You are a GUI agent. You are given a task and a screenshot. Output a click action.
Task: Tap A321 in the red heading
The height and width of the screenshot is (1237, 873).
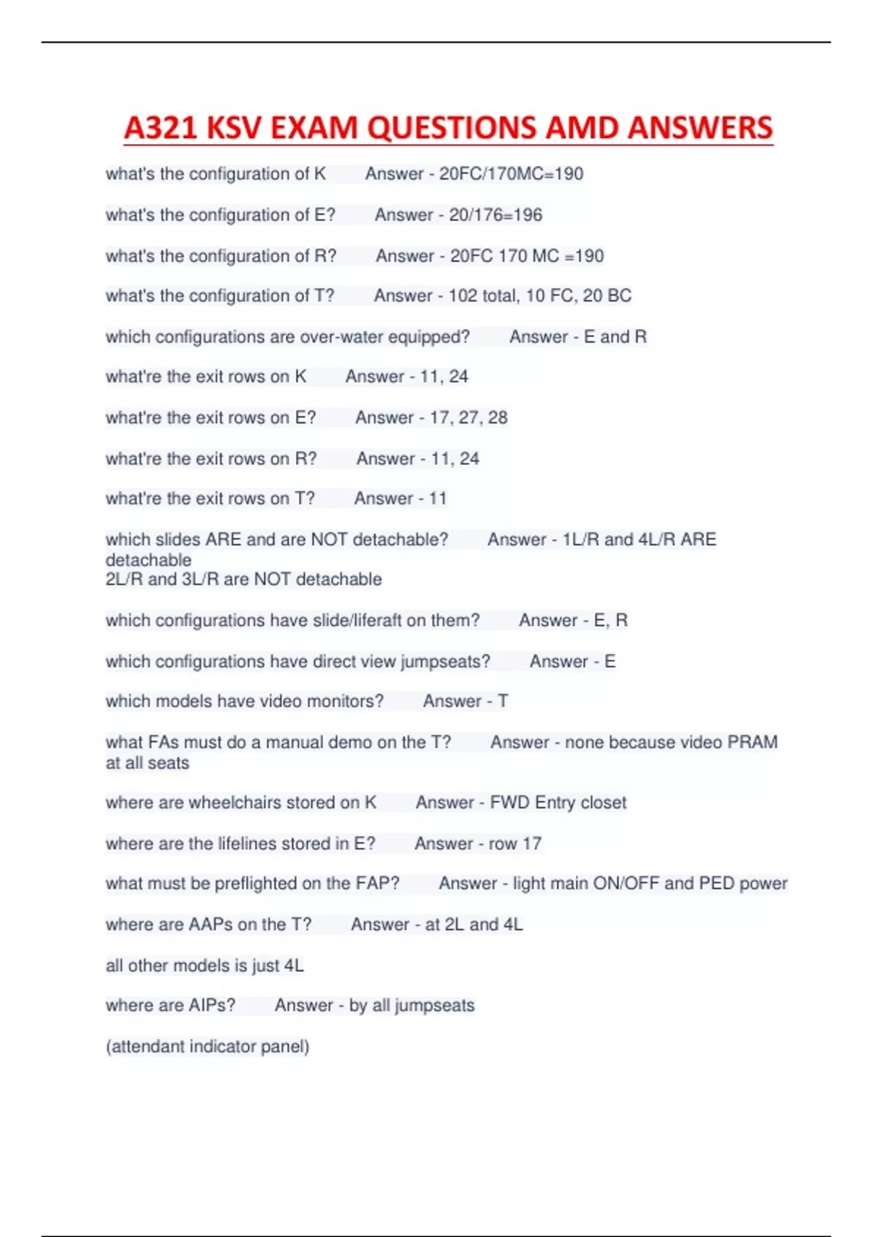click(x=160, y=128)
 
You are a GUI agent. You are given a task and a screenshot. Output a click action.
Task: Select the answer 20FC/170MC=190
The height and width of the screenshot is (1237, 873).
click(x=511, y=174)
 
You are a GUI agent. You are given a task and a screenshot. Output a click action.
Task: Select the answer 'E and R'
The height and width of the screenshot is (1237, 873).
click(x=615, y=337)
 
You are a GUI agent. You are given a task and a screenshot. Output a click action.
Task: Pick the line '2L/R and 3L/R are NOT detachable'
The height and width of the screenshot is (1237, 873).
click(x=244, y=579)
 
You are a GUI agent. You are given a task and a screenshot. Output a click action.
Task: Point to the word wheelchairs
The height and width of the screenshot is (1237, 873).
click(x=235, y=803)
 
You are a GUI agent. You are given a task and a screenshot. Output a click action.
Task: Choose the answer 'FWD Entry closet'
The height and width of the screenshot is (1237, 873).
click(x=558, y=803)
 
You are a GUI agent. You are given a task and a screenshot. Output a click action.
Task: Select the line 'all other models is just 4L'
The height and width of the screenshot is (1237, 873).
click(x=204, y=966)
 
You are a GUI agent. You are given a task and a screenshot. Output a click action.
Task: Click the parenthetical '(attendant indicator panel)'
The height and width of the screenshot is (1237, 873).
click(x=207, y=1046)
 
